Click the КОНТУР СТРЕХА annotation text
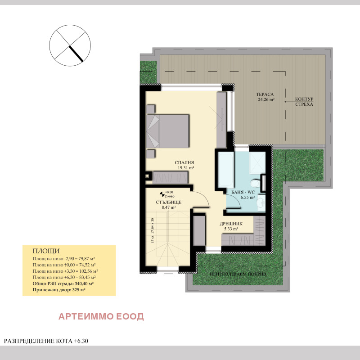pyautogui.click(x=304, y=102)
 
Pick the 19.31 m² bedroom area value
pyautogui.click(x=185, y=168)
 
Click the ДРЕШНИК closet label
pyautogui.click(x=231, y=223)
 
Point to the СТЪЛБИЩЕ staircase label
pyautogui.click(x=169, y=202)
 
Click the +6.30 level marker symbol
pyautogui.click(x=162, y=193)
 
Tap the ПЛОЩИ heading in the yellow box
pyautogui.click(x=46, y=251)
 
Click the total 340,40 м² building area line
pyautogui.click(x=63, y=284)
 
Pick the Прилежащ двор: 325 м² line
pyautogui.click(x=59, y=290)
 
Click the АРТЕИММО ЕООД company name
pyautogui.click(x=101, y=316)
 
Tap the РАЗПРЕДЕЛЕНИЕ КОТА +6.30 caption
pyautogui.click(x=46, y=341)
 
